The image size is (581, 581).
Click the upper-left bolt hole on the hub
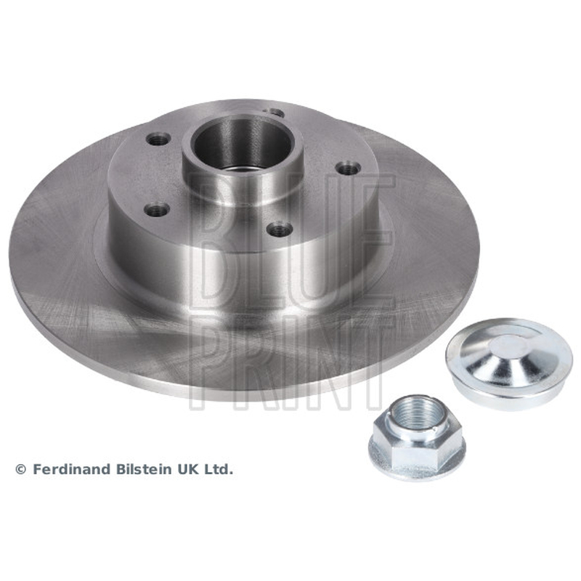[x=158, y=139]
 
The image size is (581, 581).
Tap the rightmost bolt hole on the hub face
[x=349, y=168]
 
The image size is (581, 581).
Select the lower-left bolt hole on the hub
[x=157, y=210]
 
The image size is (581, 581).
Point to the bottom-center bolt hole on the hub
[x=280, y=229]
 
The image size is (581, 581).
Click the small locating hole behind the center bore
[x=275, y=113]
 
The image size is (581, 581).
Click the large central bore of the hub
[x=243, y=145]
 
